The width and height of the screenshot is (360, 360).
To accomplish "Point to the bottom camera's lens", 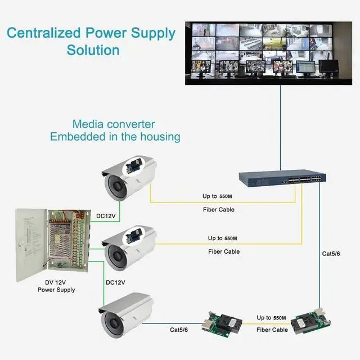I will [x=111, y=325].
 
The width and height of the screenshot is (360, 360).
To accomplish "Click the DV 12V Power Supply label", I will [x=56, y=286].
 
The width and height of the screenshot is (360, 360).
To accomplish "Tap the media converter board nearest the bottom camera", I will [x=222, y=323].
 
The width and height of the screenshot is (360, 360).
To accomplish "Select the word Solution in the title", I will [x=93, y=49].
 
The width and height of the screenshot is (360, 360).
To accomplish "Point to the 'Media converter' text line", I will [x=114, y=124].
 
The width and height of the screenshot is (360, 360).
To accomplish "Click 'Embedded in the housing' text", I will [x=115, y=136].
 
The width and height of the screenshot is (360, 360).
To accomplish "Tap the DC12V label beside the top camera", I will [x=106, y=215].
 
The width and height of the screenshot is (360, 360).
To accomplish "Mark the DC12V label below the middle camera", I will [x=115, y=282].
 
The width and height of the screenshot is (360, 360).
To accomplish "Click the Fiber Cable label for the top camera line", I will [x=219, y=209].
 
